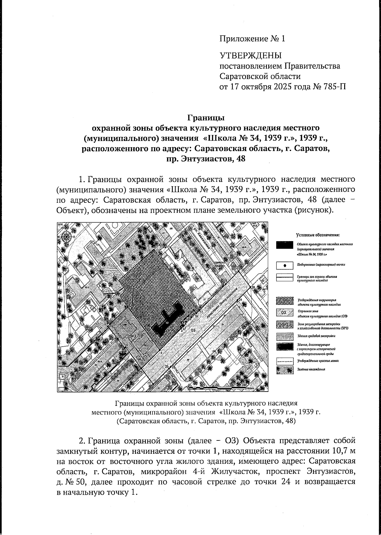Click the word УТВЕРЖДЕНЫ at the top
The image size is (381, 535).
(x=251, y=56)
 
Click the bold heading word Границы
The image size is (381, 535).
(x=206, y=118)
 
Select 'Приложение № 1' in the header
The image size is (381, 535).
(x=252, y=39)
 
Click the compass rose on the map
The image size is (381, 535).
(x=67, y=236)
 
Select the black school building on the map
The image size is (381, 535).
(x=167, y=320)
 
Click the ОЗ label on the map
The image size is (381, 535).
(x=193, y=330)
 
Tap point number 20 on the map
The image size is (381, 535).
(x=253, y=287)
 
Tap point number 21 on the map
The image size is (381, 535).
(x=241, y=300)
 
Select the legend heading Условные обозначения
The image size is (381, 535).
(x=318, y=235)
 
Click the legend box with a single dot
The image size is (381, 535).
(x=284, y=264)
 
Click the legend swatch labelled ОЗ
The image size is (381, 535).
(x=284, y=313)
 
